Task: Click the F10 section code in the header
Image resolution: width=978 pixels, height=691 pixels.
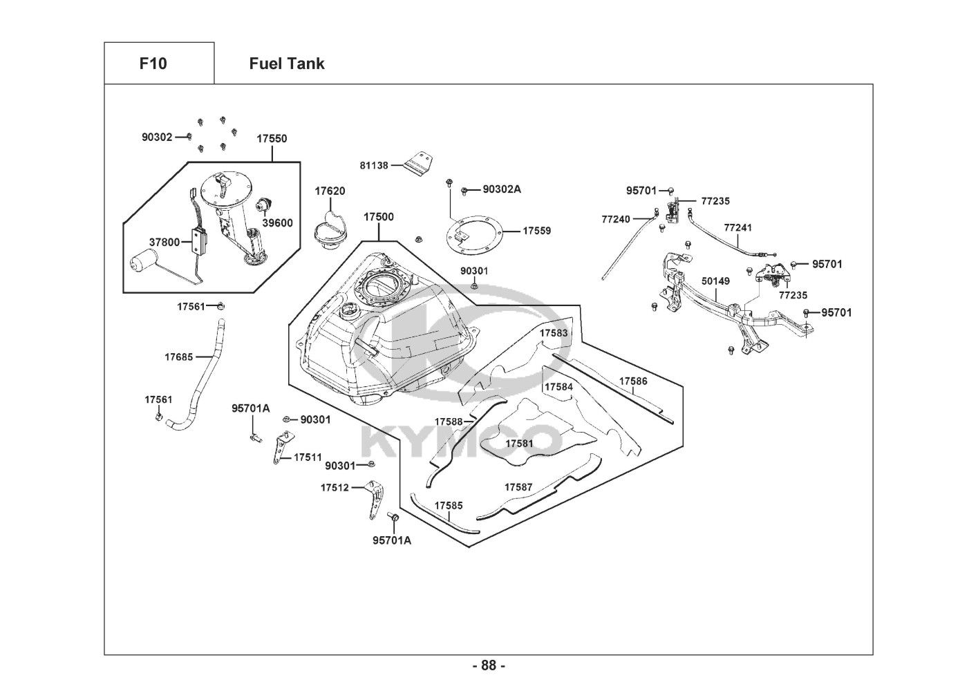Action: pos(153,64)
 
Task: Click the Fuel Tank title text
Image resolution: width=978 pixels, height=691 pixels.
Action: pos(286,64)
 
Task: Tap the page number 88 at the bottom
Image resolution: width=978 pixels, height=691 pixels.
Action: pos(489,665)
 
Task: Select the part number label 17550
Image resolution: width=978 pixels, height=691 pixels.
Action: pos(272,138)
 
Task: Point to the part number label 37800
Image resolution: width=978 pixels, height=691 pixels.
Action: pos(164,242)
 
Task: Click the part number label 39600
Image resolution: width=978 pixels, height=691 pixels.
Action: pos(277,223)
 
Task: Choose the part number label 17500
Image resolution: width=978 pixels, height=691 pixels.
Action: pos(379,217)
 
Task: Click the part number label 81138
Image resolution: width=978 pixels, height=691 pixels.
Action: pos(374,165)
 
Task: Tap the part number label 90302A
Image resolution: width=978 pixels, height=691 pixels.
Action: pos(502,189)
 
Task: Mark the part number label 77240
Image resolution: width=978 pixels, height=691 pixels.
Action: pos(616,219)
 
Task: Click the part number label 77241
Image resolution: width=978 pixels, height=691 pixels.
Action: pos(738,227)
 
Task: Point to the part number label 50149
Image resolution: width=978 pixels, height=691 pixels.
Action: pos(715,281)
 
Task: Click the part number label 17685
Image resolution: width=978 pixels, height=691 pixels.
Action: pos(178,357)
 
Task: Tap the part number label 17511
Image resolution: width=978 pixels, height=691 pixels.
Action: pos(308,457)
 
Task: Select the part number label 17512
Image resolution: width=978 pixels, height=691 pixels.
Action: pos(334,487)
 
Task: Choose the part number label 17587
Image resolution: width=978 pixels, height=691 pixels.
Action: pos(518,487)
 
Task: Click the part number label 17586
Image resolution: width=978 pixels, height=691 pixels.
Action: pos(633,381)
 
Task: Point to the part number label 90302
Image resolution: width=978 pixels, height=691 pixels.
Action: pos(157,137)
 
